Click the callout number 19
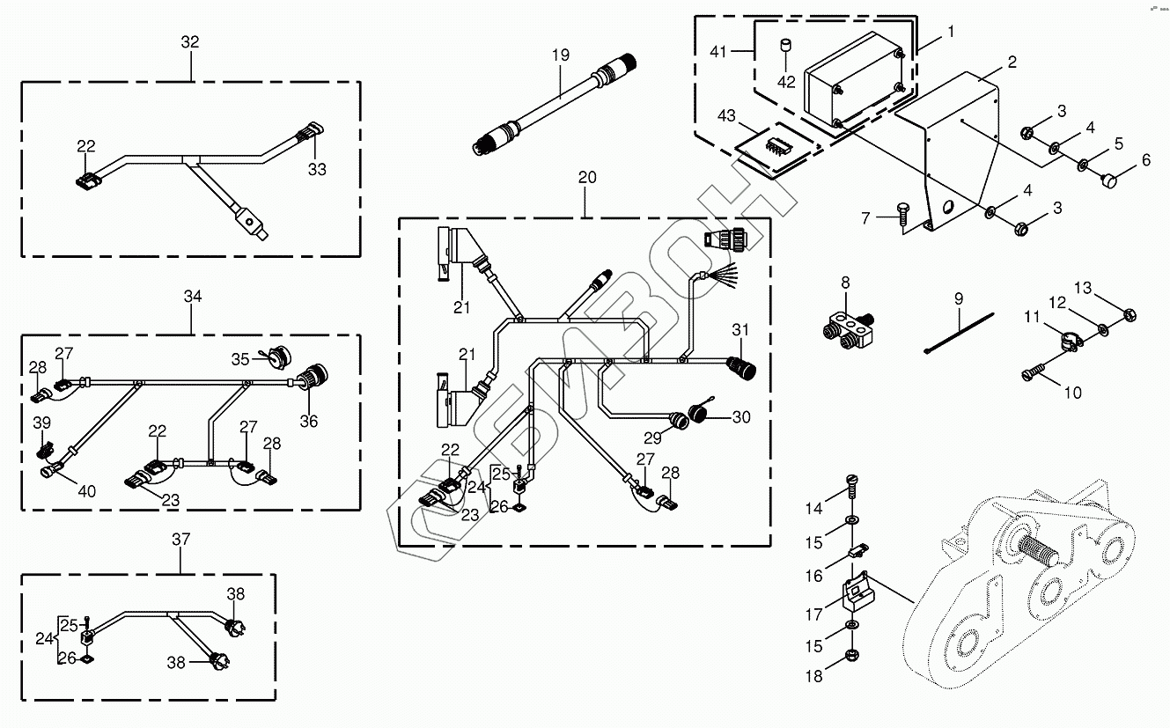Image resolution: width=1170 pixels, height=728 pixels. pos(561,55)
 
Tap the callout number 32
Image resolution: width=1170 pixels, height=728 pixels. pos(190,42)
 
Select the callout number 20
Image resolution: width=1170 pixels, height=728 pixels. pos(587,177)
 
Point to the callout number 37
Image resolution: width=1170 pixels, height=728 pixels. pos(181,539)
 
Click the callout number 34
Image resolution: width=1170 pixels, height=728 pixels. pos(193,297)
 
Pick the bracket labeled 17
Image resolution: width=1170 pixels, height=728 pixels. pos(856,593)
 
